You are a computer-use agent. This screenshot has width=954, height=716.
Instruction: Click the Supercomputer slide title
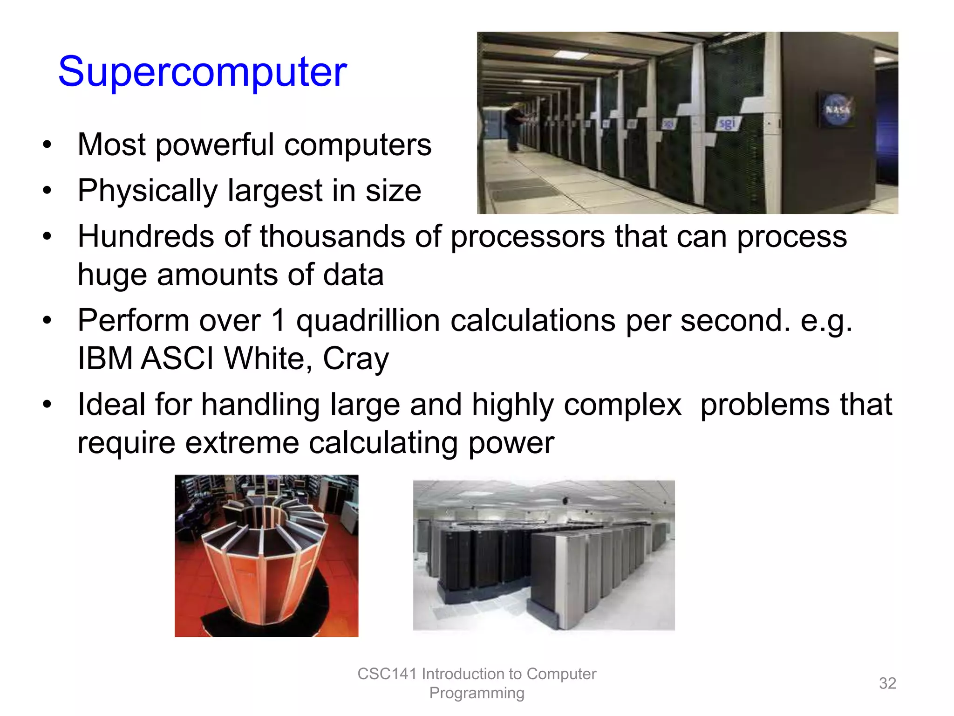pos(202,72)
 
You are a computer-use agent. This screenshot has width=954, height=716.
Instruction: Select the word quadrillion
pos(368,321)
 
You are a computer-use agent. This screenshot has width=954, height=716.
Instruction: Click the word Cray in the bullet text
pos(355,359)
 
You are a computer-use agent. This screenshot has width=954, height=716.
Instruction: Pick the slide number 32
pos(887,683)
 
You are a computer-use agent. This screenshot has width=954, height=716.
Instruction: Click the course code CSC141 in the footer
pos(387,674)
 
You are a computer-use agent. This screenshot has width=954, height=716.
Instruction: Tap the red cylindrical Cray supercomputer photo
pos(266,556)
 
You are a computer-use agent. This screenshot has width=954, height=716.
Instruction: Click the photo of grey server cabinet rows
pos(544,555)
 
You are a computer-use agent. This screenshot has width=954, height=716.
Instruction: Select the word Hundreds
pos(145,236)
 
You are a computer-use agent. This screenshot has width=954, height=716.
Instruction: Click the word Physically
pos(147,191)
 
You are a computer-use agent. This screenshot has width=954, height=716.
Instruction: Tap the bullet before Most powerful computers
pos(47,145)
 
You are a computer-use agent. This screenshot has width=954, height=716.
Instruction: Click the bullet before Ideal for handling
pos(47,404)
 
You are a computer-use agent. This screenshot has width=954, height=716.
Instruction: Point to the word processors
pos(527,237)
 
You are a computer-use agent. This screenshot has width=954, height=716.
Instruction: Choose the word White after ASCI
pos(263,358)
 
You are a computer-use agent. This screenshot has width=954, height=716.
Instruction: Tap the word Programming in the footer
pos(477,693)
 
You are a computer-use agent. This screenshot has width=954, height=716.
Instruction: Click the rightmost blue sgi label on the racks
pos(727,124)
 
